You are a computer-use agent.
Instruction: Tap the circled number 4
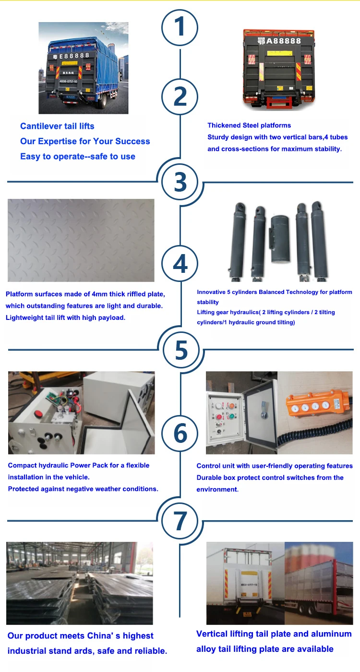tap(180, 264)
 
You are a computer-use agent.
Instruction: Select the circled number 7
tap(180, 521)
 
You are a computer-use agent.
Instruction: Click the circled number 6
tap(180, 434)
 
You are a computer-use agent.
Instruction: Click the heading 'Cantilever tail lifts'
tap(57, 126)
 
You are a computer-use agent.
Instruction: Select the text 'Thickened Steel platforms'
tap(249, 125)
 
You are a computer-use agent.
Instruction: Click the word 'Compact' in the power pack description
tap(23, 465)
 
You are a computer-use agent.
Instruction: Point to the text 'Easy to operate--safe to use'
tap(78, 157)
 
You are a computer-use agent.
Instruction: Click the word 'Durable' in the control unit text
tap(209, 478)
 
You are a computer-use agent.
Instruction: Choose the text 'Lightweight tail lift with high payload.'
tap(65, 318)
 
